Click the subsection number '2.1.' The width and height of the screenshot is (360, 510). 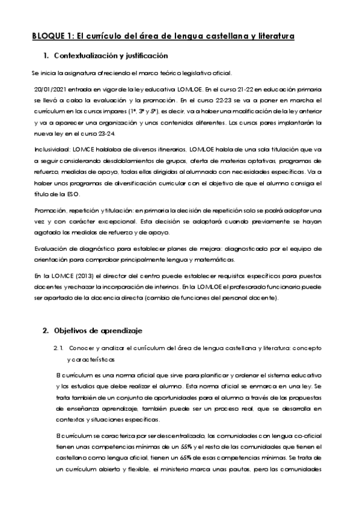58,348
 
